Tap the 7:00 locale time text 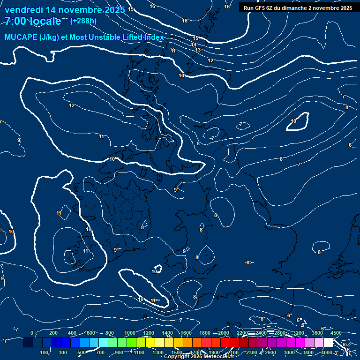(x=33, y=21)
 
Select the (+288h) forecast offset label (x=83, y=21)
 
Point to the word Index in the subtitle (x=154, y=37)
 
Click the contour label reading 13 (x=198, y=50)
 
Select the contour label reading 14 (x=194, y=45)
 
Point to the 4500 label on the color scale (x=336, y=333)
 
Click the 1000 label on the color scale (x=130, y=333)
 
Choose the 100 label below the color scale (x=45, y=352)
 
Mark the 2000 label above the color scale (x=224, y=333)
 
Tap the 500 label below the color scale (x=82, y=352)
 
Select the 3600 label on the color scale (x=317, y=333)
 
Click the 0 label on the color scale (x=31, y=333)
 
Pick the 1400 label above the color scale (x=167, y=333)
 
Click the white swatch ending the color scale (x=328, y=343)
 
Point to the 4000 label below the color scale (x=327, y=352)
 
